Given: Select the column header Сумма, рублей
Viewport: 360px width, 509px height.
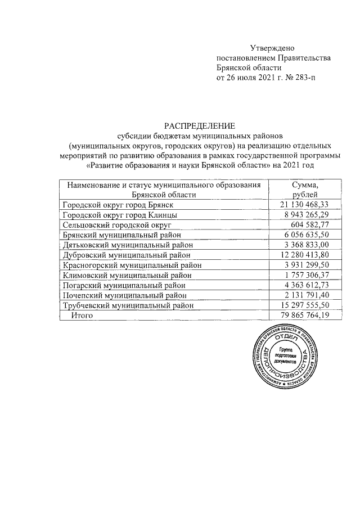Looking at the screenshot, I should point(305,190).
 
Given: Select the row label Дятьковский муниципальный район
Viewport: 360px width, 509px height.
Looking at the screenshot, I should point(128,245).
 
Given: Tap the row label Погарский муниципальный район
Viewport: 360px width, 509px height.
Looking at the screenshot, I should point(124,285).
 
